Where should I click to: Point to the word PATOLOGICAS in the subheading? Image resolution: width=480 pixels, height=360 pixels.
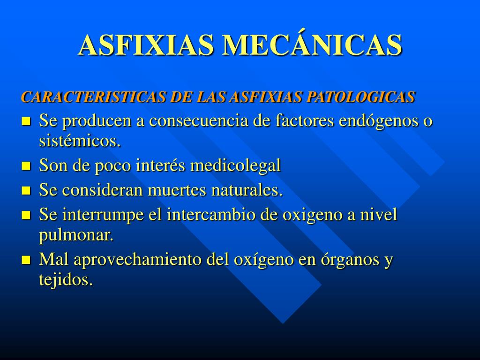pyautogui.click(x=360, y=97)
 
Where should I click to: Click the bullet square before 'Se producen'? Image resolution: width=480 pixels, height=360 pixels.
pyautogui.click(x=27, y=121)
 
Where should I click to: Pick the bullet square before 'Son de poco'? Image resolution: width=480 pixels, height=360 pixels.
pyautogui.click(x=27, y=166)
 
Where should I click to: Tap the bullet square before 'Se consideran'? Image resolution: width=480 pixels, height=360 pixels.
pyautogui.click(x=27, y=191)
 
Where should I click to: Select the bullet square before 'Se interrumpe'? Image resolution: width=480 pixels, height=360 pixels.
pyautogui.click(x=27, y=215)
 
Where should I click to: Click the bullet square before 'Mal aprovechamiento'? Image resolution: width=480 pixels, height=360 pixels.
pyautogui.click(x=27, y=260)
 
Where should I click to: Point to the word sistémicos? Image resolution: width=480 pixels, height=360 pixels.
pyautogui.click(x=80, y=141)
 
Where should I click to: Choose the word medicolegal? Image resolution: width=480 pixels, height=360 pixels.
pyautogui.click(x=235, y=165)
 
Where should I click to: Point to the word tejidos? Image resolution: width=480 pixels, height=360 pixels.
pyautogui.click(x=66, y=280)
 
